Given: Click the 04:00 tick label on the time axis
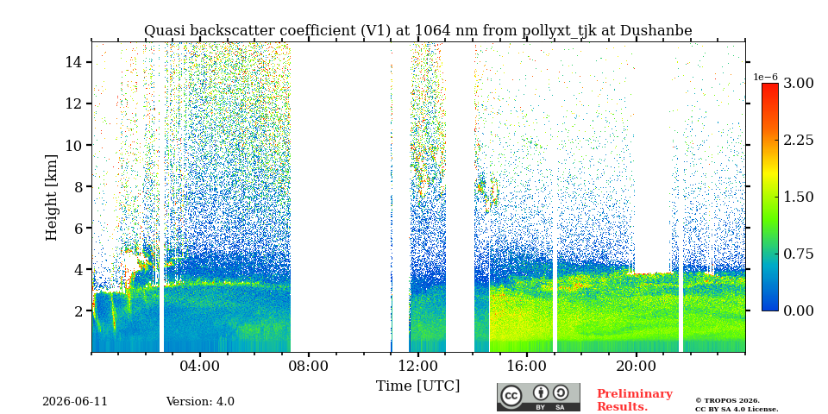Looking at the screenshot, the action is coord(200,366).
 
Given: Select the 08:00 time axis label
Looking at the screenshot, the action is coord(310,366).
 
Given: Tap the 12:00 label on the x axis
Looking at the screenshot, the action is coord(418,366).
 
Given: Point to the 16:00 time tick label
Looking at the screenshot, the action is coord(527,366).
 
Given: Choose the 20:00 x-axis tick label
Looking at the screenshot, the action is coord(636,366).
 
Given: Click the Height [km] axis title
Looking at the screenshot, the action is coord(51,198).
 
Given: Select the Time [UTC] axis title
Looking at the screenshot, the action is coord(417,386).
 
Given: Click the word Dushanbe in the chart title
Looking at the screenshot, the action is coord(655,31).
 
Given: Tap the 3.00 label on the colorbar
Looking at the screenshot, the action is coord(798,83).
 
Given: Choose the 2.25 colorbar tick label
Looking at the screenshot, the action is coord(798,140).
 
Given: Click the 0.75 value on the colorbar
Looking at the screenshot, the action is coord(798,254).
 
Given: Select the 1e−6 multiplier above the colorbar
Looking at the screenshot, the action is coord(765,77).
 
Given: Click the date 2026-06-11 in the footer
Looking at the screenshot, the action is coord(75,402).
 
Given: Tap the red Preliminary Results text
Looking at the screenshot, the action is coord(635,400).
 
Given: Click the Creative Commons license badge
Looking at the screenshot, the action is coord(538,397).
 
